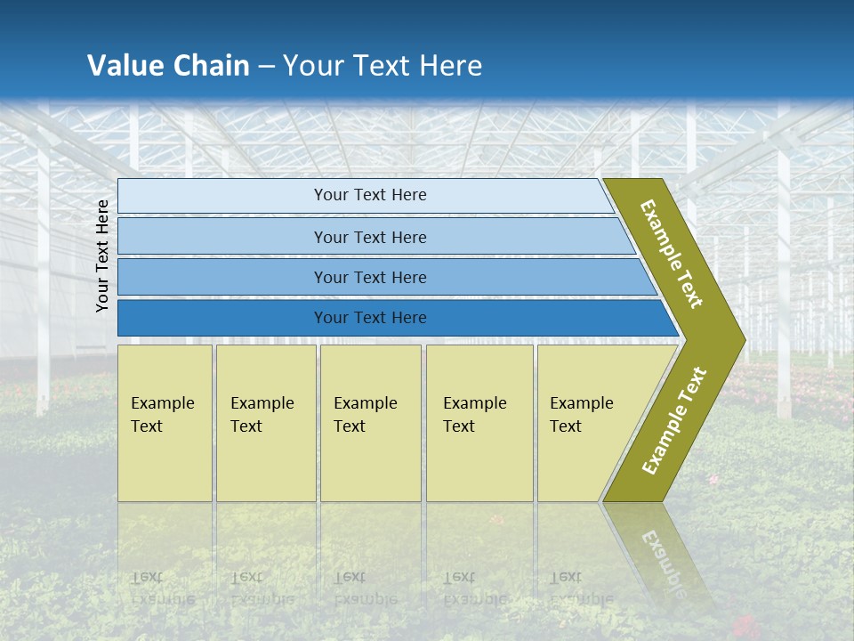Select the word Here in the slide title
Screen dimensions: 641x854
coord(450,66)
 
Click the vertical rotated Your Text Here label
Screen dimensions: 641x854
coord(102,256)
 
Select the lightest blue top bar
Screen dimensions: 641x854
coord(365,195)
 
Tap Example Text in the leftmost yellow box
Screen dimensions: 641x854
coord(162,415)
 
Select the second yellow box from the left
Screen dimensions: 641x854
coord(265,422)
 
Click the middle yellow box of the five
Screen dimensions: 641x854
coord(370,422)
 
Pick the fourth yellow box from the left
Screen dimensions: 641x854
coord(479,422)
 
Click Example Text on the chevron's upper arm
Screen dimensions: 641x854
coord(672,254)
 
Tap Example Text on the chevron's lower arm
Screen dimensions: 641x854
coord(673,421)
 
